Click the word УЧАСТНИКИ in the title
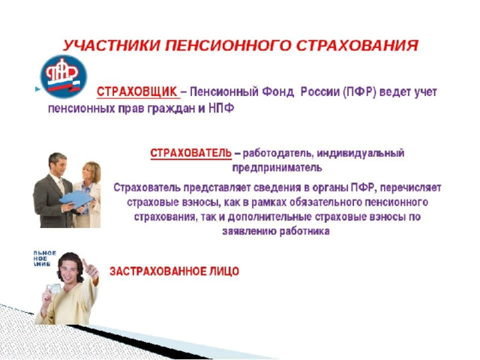(x=112, y=46)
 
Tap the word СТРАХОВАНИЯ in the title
(x=357, y=46)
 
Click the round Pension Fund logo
(x=64, y=76)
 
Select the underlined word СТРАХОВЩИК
(x=137, y=91)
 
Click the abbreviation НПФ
(x=221, y=108)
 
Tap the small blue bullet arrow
(x=37, y=89)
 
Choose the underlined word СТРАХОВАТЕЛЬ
(x=191, y=153)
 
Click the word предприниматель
(x=277, y=168)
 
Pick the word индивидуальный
(x=361, y=153)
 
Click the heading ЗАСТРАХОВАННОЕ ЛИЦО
(x=174, y=271)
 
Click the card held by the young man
(x=54, y=289)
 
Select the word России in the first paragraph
(x=320, y=91)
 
